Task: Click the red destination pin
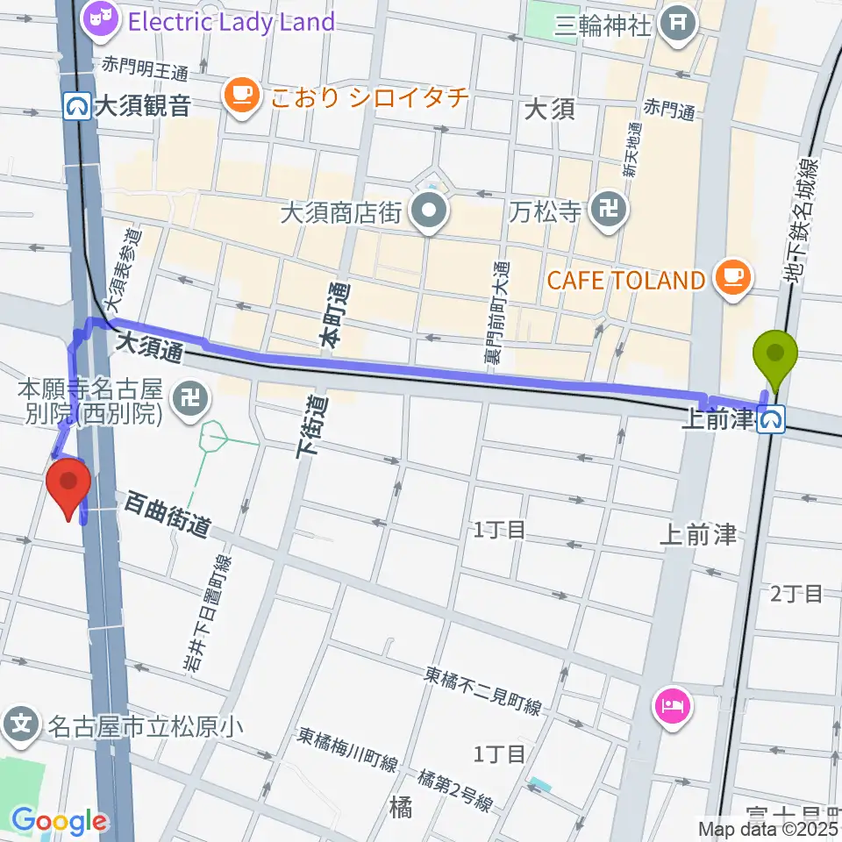pos(69,489)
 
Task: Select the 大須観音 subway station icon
pos(78,107)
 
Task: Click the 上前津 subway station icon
pos(773,422)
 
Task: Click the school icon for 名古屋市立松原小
pos(22,725)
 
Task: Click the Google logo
pos(58,822)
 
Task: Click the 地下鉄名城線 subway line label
pos(803,220)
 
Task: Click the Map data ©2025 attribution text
pos(768,828)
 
